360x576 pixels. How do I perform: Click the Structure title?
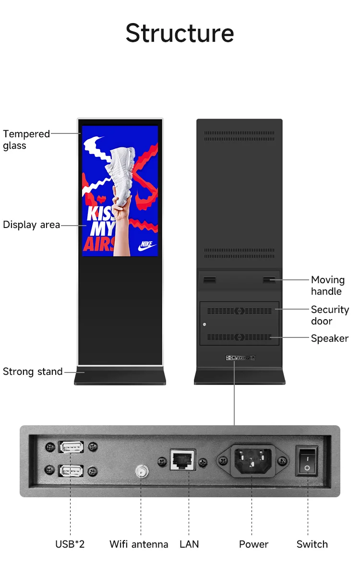pyautogui.click(x=180, y=33)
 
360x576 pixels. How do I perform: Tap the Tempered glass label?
pyautogui.click(x=26, y=140)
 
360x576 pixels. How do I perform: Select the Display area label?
pyautogui.click(x=32, y=225)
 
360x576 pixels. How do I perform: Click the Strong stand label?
pyautogui.click(x=33, y=372)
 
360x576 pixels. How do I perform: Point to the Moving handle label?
pyautogui.click(x=328, y=286)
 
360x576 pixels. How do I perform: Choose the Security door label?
pyautogui.click(x=330, y=315)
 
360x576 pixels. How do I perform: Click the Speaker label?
pyautogui.click(x=330, y=338)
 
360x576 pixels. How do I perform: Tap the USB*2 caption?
pyautogui.click(x=70, y=544)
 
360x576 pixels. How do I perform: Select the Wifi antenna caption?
pyautogui.click(x=139, y=544)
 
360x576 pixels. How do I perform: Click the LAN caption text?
pyautogui.click(x=189, y=544)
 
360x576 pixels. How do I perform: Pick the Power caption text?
pyautogui.click(x=254, y=544)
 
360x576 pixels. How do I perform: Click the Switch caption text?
pyautogui.click(x=312, y=544)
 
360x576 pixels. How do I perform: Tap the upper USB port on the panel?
pyautogui.click(x=71, y=447)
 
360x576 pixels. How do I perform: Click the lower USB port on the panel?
pyautogui.click(x=71, y=470)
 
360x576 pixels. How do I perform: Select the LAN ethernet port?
pyautogui.click(x=183, y=459)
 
